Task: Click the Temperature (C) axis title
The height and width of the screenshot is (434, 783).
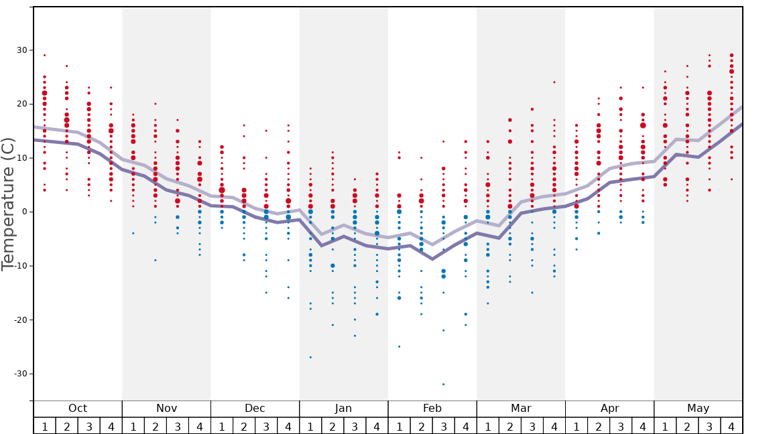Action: pyautogui.click(x=8, y=204)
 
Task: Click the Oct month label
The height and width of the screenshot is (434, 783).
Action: pyautogui.click(x=78, y=409)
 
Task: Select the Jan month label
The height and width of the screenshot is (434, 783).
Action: pyautogui.click(x=343, y=409)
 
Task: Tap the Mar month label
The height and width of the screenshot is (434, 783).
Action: pyautogui.click(x=521, y=409)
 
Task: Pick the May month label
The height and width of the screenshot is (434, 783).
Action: pyautogui.click(x=698, y=409)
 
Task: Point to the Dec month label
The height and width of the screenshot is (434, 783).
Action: pyautogui.click(x=255, y=409)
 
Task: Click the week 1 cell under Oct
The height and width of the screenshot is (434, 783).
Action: pyautogui.click(x=44, y=426)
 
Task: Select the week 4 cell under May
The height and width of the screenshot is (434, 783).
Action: pyautogui.click(x=731, y=426)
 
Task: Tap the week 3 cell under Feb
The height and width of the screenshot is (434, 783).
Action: pyautogui.click(x=443, y=426)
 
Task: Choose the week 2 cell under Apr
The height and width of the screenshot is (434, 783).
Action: pyautogui.click(x=599, y=426)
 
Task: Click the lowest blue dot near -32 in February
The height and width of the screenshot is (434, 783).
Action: pyautogui.click(x=443, y=384)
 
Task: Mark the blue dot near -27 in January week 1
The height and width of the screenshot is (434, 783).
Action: pyautogui.click(x=310, y=357)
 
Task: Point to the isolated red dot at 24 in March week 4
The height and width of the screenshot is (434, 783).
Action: pyautogui.click(x=554, y=82)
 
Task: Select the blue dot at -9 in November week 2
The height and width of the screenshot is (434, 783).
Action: pyautogui.click(x=156, y=260)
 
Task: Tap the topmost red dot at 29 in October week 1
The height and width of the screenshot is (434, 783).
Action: pyautogui.click(x=44, y=56)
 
